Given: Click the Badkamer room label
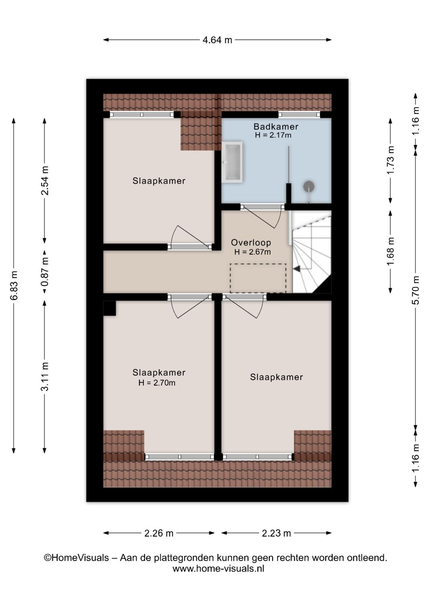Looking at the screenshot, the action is point(276,126).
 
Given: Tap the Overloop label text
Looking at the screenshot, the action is point(251,242).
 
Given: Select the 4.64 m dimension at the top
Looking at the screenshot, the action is point(217,40).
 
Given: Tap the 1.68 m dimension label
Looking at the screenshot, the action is point(390,251).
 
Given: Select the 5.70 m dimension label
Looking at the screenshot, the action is point(416,290).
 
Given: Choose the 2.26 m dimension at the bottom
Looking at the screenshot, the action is point(158,533).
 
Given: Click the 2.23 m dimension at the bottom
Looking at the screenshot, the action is point(276,533).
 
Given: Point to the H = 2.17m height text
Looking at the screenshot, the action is point(273,135).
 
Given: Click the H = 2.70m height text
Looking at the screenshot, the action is point(157,382).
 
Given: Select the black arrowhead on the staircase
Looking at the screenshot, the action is point(297,268).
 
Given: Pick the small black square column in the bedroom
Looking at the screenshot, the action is point(110,308).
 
